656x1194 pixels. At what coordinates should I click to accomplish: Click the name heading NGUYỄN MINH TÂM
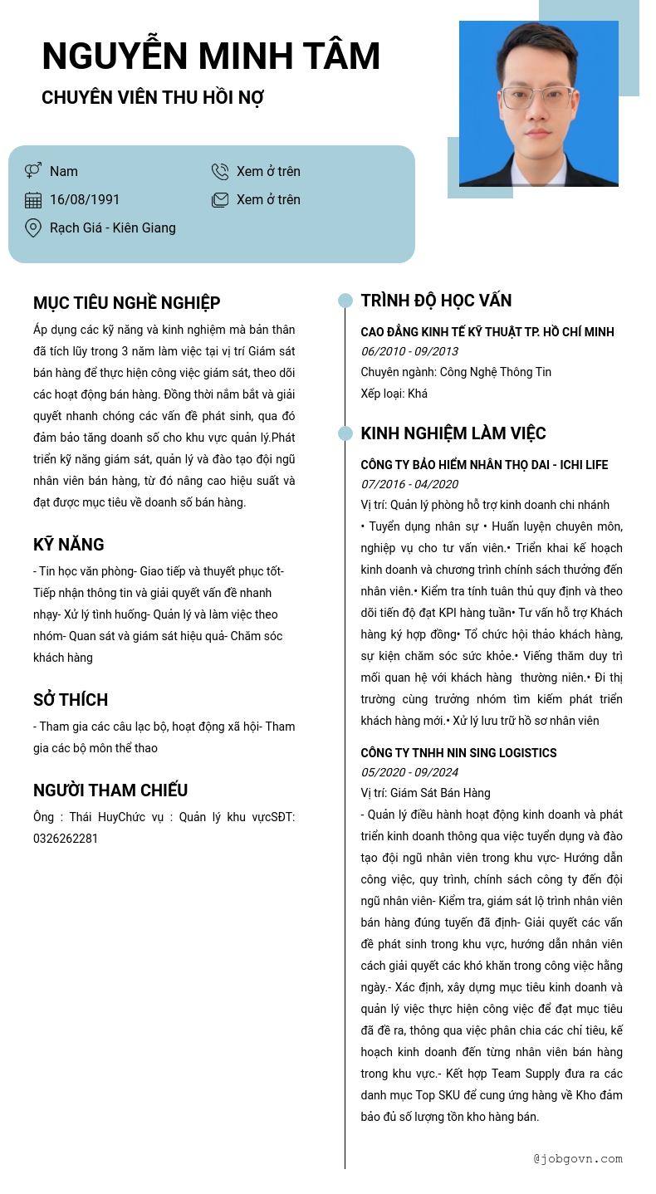tap(211, 56)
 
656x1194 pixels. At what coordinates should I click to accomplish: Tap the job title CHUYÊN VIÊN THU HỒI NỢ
tap(153, 98)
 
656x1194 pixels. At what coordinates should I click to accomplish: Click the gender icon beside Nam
tap(33, 171)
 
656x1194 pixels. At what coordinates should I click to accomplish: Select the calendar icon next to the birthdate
tap(33, 200)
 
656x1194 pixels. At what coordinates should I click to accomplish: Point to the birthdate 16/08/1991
tap(85, 200)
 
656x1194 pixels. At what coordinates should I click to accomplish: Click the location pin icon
tap(33, 228)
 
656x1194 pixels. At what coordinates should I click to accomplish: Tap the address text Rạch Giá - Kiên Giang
tap(113, 228)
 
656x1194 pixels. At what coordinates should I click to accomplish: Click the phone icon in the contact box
tap(220, 172)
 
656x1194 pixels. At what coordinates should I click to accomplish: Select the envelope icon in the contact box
tap(220, 200)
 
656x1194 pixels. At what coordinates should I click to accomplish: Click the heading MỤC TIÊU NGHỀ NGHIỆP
tap(126, 303)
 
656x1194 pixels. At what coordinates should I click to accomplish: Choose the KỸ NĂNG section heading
tap(69, 545)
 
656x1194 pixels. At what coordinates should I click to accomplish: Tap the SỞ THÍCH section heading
tap(71, 700)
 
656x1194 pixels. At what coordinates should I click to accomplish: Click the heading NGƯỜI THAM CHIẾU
tap(110, 790)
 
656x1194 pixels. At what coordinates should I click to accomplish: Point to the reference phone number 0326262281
tap(66, 839)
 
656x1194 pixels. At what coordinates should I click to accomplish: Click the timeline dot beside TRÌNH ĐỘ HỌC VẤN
tap(345, 301)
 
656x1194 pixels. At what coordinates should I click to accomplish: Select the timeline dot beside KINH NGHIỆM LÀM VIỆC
tap(345, 433)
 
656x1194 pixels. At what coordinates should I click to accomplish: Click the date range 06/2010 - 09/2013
tap(409, 351)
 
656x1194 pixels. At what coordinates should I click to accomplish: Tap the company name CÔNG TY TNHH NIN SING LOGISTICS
tap(458, 753)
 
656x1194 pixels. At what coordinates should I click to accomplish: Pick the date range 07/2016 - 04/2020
tap(409, 484)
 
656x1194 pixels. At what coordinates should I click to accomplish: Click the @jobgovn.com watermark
tap(578, 1158)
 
